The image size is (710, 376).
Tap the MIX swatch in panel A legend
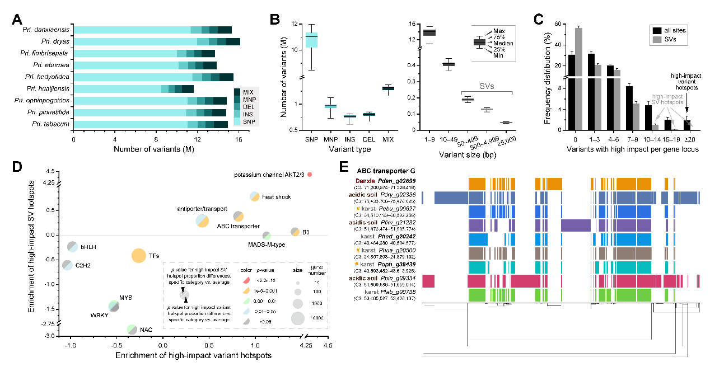pos(237,91)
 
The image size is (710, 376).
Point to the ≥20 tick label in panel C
pos(691,137)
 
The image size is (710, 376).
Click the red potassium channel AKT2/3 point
pos(310,175)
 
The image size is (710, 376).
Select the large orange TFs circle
pos(139,256)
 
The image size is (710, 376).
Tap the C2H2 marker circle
pos(67,265)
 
